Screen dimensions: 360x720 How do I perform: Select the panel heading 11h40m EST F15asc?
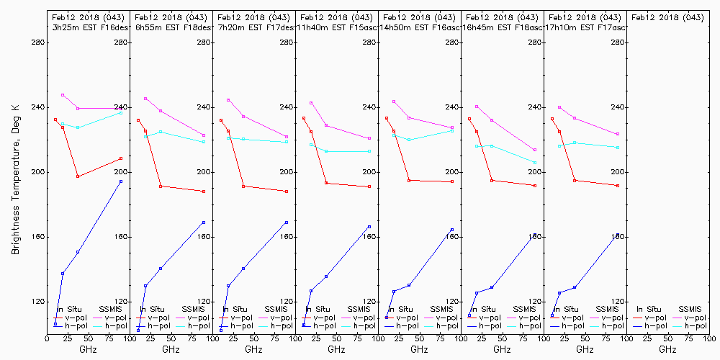(x=337, y=27)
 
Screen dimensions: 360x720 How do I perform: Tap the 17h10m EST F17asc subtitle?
(x=585, y=27)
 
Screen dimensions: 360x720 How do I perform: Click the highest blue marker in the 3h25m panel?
(x=121, y=181)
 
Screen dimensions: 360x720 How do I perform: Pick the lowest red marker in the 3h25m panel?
(x=78, y=176)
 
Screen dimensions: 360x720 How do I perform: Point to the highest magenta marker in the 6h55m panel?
(x=145, y=99)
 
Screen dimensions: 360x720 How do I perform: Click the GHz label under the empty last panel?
(x=667, y=349)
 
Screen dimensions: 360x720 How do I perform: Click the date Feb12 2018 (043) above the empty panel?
(x=667, y=17)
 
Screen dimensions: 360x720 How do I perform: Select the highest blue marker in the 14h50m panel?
(x=452, y=230)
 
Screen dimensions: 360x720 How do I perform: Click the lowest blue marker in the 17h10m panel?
(x=552, y=315)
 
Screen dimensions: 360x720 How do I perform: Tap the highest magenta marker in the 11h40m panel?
(x=311, y=103)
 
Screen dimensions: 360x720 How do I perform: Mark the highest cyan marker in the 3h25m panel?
(x=121, y=113)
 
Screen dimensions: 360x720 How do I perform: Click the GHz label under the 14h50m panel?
(x=419, y=349)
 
